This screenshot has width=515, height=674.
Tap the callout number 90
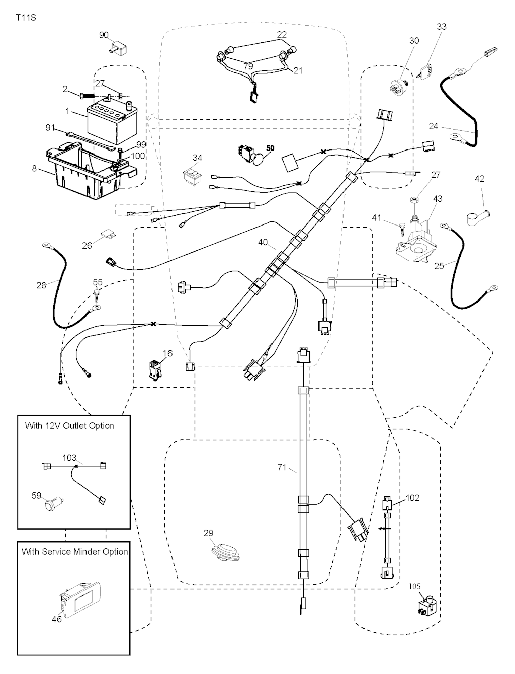(x=104, y=35)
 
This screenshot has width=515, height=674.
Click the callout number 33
(x=441, y=26)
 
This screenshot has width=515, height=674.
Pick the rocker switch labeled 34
(x=192, y=175)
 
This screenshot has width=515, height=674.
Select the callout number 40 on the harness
(x=263, y=242)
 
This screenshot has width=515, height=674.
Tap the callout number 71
(x=282, y=467)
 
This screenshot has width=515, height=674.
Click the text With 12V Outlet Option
(x=69, y=426)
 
